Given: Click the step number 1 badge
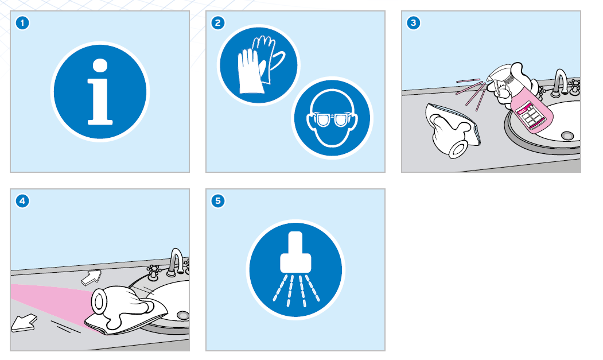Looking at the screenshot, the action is coord(22,23).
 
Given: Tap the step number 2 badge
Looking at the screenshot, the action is coord(218,23).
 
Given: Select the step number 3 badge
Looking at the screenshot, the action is coord(414,23).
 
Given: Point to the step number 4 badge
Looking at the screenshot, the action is coord(22,201).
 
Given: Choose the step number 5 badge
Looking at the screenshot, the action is coord(218,201).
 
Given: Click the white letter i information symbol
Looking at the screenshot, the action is coord(100,92).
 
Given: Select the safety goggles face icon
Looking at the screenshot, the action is coord(332,118).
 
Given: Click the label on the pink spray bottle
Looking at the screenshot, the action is coord(531,114).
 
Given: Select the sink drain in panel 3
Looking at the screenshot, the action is coord(567,136).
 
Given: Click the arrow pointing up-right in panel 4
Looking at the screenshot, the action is coord(92,277).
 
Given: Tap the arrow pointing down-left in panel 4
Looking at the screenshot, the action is coord(24,323).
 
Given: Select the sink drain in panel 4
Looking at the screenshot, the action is coord(182,315).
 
